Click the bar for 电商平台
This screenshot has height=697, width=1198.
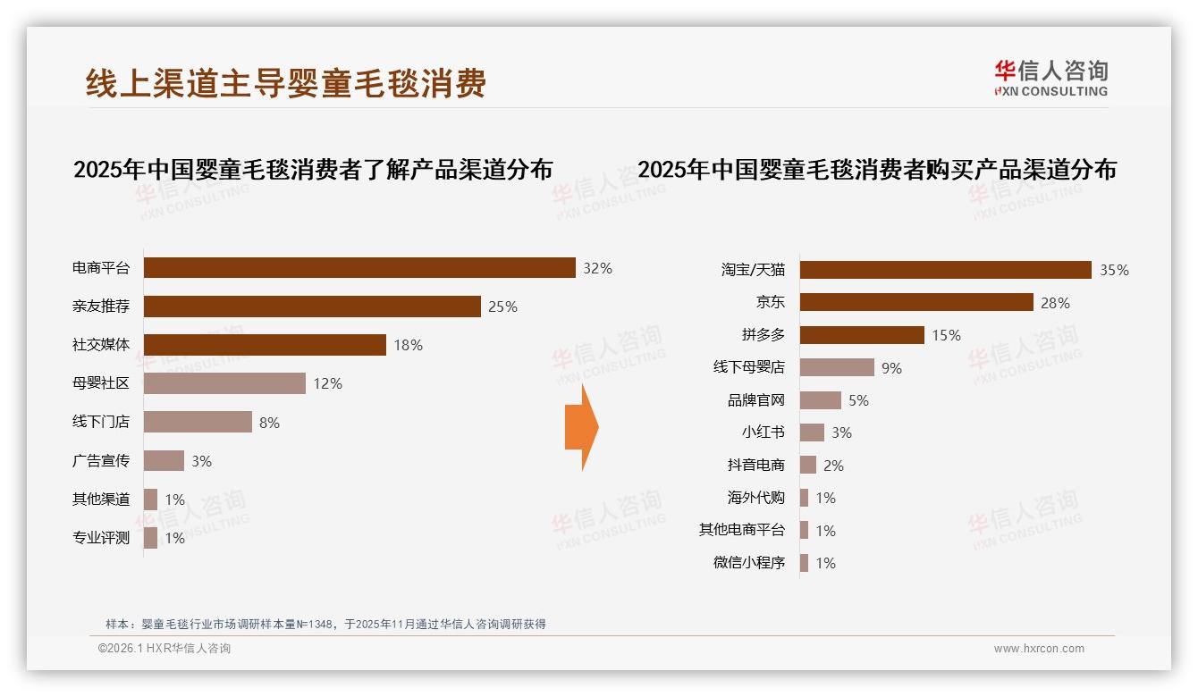coord(359,268)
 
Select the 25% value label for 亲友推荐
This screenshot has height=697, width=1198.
coord(502,307)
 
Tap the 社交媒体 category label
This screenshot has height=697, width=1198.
coord(101,345)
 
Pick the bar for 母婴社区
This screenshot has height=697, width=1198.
coord(224,383)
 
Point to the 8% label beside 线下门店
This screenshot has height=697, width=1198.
coord(269,423)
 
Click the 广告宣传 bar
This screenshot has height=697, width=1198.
coord(164,461)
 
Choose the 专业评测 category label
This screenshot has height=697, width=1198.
coord(101,538)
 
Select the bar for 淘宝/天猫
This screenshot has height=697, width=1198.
coord(945,270)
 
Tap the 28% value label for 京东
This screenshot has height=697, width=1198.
coord(1055,303)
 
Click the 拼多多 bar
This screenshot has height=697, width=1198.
coord(862,335)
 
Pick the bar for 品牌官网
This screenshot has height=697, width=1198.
coord(820,400)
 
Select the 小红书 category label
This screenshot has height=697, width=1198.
coord(763,432)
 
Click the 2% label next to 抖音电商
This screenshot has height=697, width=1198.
coord(833,466)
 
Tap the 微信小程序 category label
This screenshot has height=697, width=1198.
coord(748,563)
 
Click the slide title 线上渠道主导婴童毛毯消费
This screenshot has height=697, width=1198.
coord(286,83)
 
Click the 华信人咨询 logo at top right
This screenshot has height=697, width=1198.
coord(1050,78)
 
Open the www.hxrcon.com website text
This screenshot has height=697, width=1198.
coord(1039,649)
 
